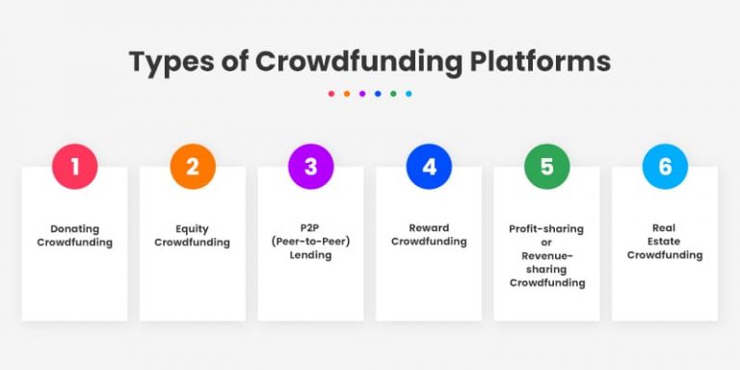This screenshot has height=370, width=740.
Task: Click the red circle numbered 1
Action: click(74, 167)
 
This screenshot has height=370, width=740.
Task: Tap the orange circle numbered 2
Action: click(193, 167)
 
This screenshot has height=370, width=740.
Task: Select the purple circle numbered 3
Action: click(310, 167)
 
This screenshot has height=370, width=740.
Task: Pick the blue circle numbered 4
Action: click(429, 167)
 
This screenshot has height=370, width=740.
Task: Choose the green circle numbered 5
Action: click(546, 167)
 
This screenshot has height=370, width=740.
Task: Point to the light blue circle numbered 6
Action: click(665, 167)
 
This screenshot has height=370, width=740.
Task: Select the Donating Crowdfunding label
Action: click(74, 235)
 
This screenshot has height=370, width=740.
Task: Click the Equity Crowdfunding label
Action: click(193, 235)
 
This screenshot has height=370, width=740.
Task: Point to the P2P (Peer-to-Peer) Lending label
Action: click(310, 242)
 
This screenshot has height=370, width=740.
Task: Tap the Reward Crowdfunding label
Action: click(429, 235)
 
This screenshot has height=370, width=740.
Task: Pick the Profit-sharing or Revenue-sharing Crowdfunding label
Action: click(546, 255)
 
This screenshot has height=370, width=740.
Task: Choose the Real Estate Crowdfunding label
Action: click(665, 242)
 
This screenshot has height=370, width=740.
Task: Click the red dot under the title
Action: click(331, 94)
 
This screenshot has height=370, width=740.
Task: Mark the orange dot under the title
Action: click(347, 94)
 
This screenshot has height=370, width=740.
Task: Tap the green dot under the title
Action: click(393, 94)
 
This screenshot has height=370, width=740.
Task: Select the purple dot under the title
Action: click(362, 94)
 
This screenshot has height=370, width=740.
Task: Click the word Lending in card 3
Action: click(310, 255)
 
